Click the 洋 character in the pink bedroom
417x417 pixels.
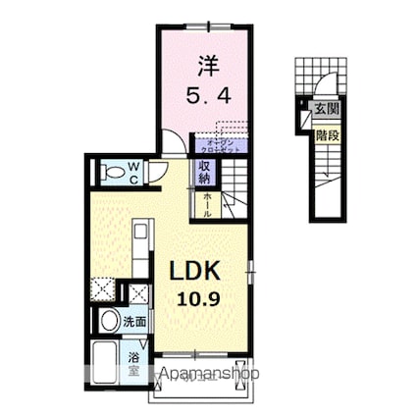(x=207, y=66)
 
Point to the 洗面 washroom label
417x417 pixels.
(x=134, y=321)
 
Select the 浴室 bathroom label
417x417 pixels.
(x=133, y=365)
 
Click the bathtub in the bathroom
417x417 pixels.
(x=103, y=366)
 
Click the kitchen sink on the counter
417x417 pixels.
(x=138, y=235)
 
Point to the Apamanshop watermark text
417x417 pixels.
(x=202, y=374)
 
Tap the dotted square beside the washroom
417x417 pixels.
(x=101, y=288)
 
